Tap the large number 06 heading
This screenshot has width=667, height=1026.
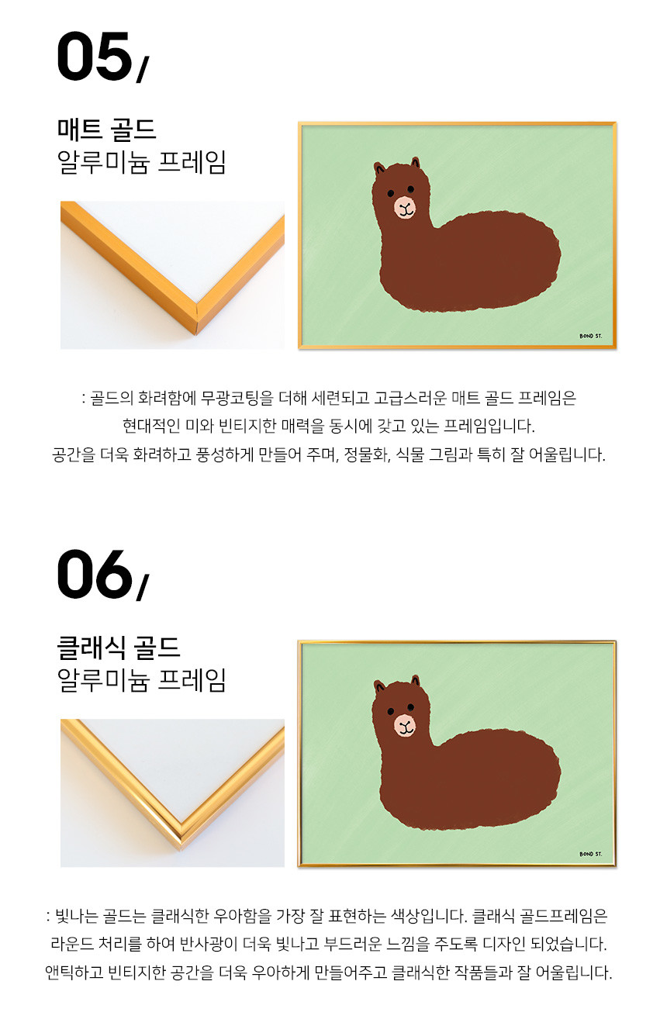click(x=95, y=574)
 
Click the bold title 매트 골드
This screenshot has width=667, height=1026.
click(x=107, y=130)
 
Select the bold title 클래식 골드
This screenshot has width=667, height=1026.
click(x=119, y=648)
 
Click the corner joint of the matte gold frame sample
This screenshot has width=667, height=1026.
click(x=196, y=316)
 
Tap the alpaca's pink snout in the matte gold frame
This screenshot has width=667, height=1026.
click(x=405, y=206)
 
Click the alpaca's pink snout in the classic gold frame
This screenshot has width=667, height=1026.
click(x=405, y=725)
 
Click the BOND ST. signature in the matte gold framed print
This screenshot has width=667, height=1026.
click(x=590, y=336)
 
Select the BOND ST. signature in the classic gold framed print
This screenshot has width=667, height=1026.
click(x=590, y=854)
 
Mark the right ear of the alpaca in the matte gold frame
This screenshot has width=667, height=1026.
click(x=415, y=164)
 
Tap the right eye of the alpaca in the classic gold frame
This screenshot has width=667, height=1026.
click(x=410, y=706)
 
